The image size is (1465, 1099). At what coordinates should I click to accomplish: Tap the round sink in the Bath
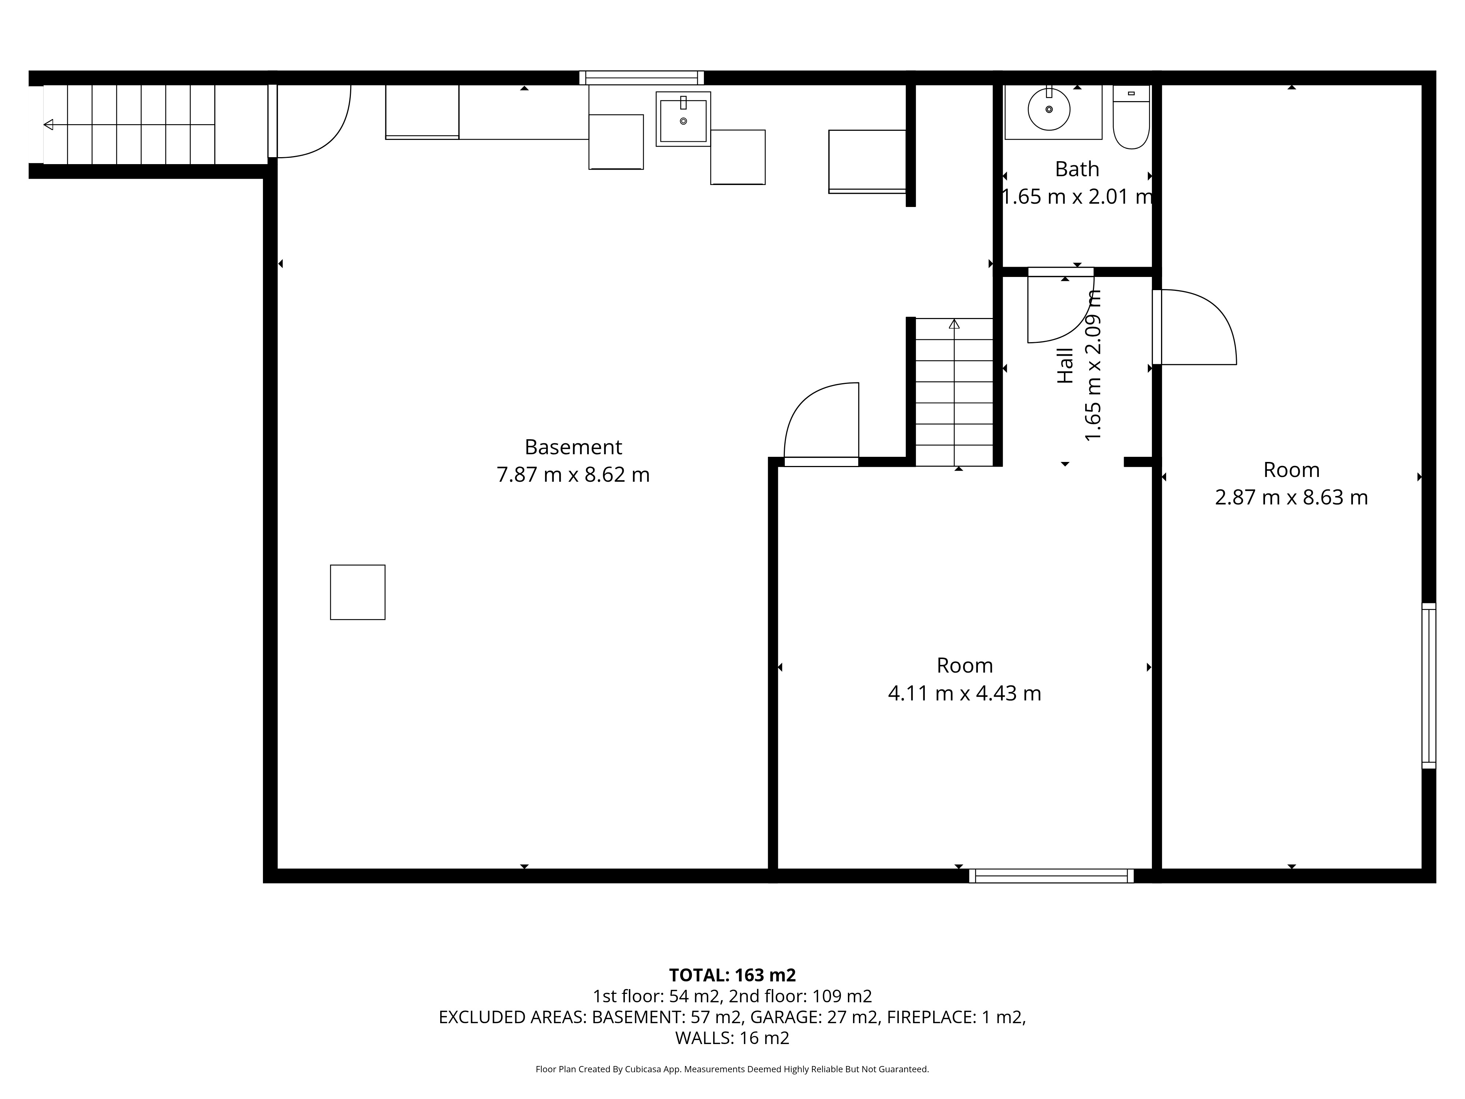[1049, 109]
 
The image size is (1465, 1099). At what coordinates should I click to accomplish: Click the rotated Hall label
[1065, 366]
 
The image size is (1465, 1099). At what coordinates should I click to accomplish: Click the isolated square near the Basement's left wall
[357, 592]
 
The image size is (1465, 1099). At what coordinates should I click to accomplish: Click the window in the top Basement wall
[641, 78]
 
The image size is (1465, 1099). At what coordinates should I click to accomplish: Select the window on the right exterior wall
[1429, 686]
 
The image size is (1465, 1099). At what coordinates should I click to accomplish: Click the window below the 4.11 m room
[1051, 876]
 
